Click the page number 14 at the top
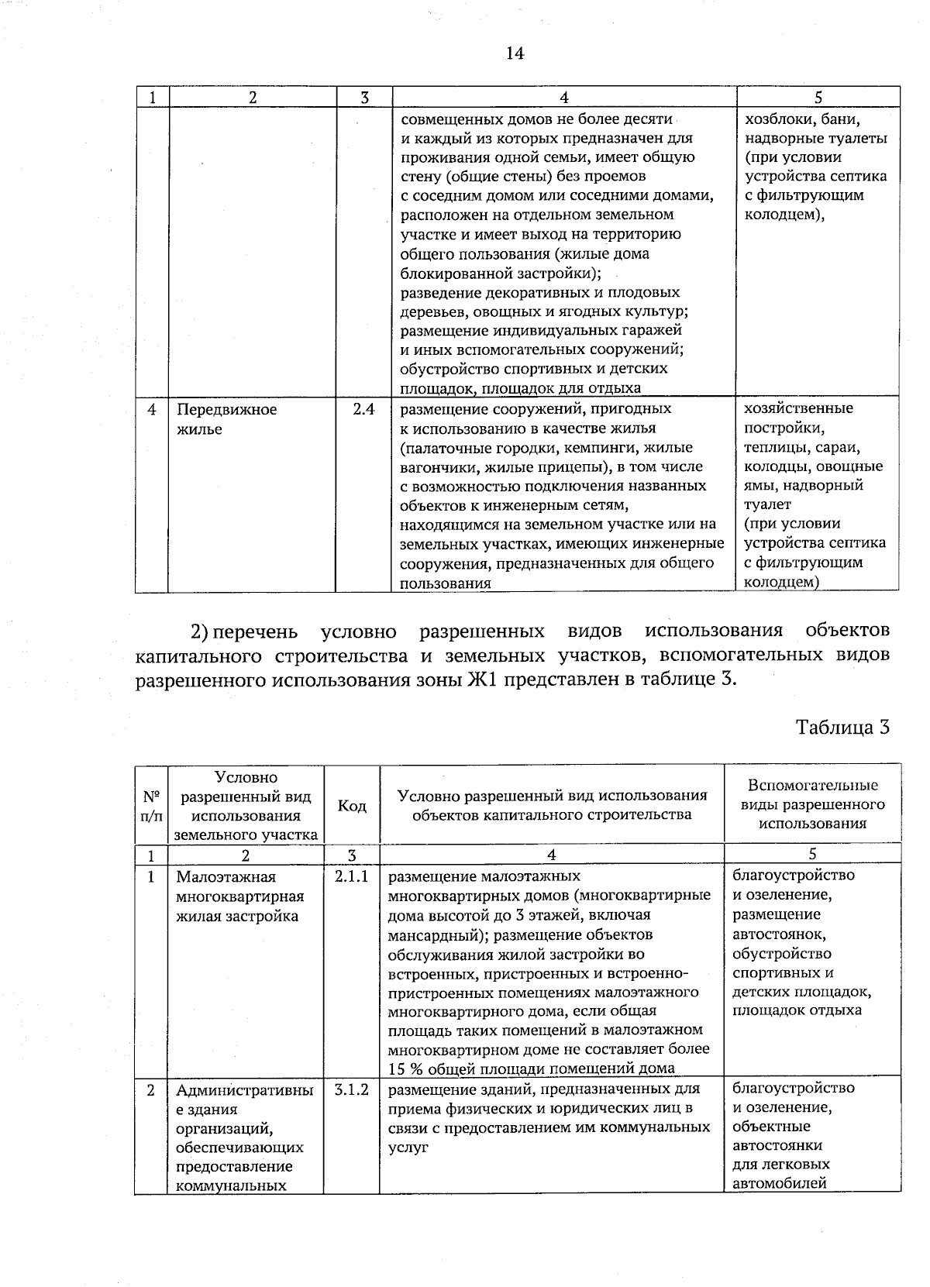point(514,53)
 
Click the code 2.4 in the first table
point(363,409)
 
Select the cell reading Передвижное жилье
point(226,419)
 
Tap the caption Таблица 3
point(842,728)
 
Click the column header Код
point(352,806)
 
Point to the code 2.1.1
point(351,876)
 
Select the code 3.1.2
point(351,1089)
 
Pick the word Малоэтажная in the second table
point(226,877)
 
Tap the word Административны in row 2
point(244,1091)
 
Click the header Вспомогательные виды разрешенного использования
point(812,804)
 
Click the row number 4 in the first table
point(152,409)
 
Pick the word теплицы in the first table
point(775,448)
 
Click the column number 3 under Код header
point(351,855)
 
